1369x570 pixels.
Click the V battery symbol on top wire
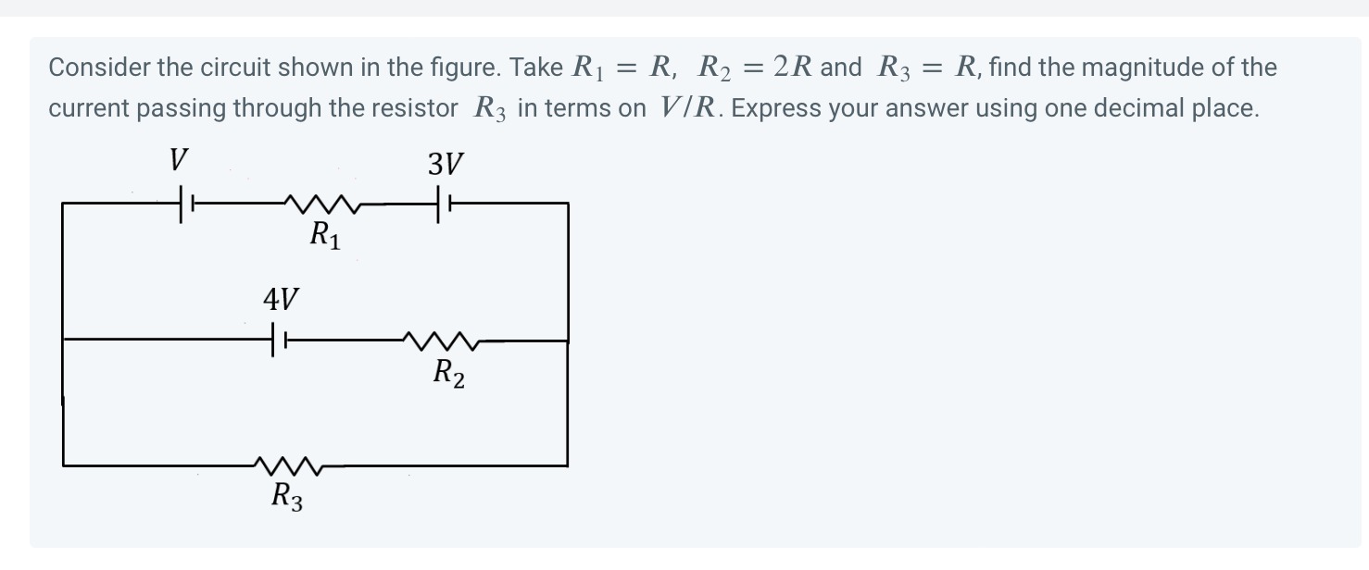pyautogui.click(x=183, y=203)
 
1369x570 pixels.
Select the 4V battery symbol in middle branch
pyautogui.click(x=278, y=341)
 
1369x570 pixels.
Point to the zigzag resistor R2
pyautogui.click(x=444, y=341)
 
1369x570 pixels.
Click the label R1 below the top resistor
pyautogui.click(x=325, y=236)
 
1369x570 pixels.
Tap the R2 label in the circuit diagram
pyautogui.click(x=449, y=374)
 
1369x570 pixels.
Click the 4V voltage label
pyautogui.click(x=281, y=300)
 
